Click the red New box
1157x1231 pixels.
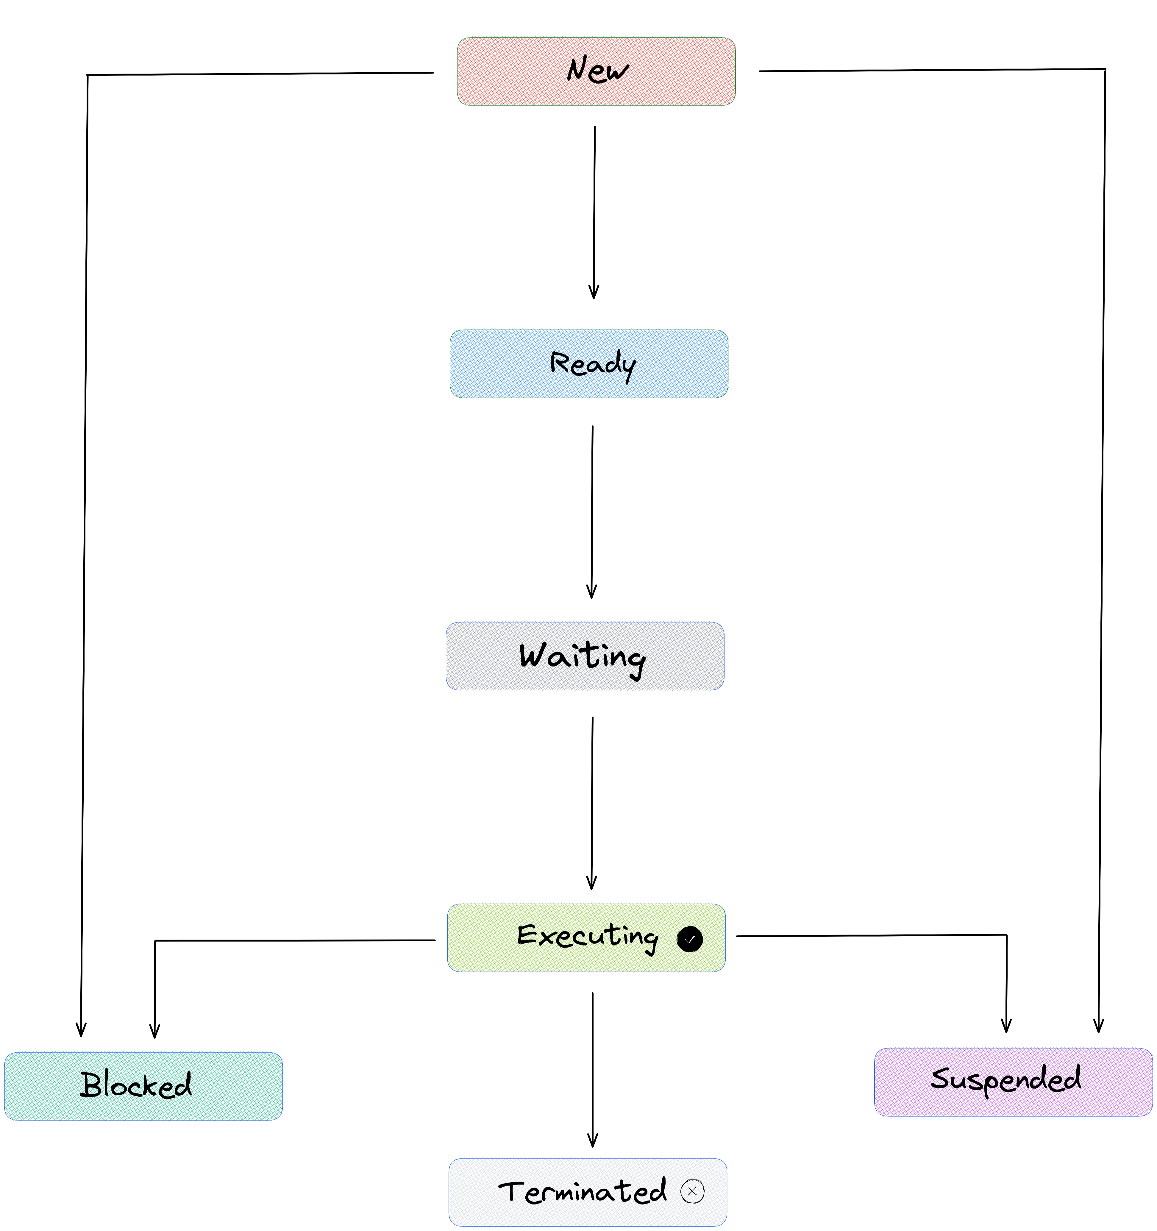[x=596, y=71]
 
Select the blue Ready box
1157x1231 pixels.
[x=589, y=363]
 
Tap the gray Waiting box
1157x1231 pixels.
[x=585, y=656]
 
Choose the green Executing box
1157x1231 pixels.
[x=586, y=937]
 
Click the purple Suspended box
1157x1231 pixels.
[x=1014, y=1082]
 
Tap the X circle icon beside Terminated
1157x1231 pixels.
[x=692, y=1191]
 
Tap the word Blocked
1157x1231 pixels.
[x=136, y=1085]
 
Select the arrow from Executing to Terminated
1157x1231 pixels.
[x=592, y=1069]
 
